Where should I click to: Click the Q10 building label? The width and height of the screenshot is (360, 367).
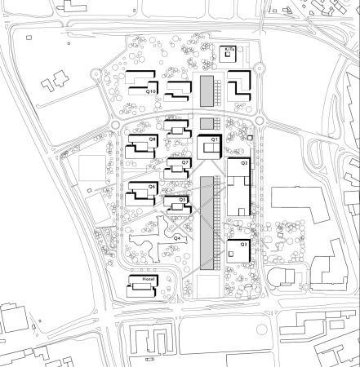(150, 92)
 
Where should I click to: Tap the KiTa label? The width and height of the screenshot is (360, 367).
(229, 50)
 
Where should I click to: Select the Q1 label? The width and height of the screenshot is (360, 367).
(215, 140)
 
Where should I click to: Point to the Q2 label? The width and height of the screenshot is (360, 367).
(243, 163)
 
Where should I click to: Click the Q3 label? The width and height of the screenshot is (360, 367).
(242, 244)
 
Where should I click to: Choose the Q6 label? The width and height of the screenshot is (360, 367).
(152, 187)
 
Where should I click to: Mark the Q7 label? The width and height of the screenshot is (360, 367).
(185, 162)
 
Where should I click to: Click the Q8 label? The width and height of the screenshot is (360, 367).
(152, 140)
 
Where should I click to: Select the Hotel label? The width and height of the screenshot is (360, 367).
(148, 280)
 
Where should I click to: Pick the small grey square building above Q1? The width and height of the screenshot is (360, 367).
(207, 123)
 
